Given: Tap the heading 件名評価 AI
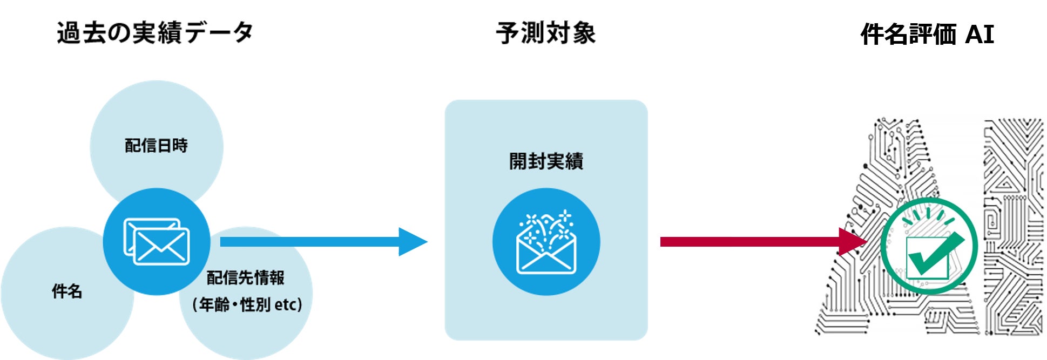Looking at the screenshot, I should tap(927, 35).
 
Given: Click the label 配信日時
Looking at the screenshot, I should tap(156, 146).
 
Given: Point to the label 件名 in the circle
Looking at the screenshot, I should tap(67, 291).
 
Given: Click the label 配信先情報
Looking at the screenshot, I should tap(246, 278).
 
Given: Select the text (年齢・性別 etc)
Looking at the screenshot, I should tap(247, 305).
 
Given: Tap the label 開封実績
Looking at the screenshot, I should tap(546, 161).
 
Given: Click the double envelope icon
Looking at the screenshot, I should tap(157, 242).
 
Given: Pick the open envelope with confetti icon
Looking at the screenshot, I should tap(546, 243).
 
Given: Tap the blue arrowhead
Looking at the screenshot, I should tap(411, 242).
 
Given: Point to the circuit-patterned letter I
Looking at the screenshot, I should tap(1013, 227).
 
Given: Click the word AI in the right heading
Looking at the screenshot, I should tap(979, 35).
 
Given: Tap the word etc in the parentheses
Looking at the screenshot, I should tap(285, 305).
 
